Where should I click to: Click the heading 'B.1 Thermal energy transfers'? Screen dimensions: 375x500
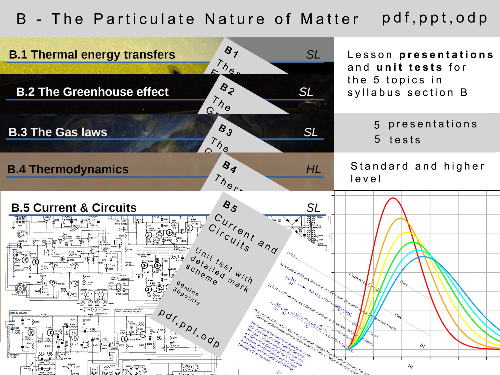[x=92, y=54]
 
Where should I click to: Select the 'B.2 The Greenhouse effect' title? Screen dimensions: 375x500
[x=92, y=92]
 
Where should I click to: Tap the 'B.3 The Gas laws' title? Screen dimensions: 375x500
[x=58, y=132]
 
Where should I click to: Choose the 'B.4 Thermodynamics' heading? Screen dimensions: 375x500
[x=68, y=169]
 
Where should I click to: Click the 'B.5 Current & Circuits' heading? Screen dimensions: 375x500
[x=74, y=208]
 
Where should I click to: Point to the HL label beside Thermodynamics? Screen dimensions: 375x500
[x=313, y=169]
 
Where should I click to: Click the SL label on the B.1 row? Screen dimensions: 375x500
[x=313, y=54]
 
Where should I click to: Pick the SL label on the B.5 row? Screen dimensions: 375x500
[x=313, y=208]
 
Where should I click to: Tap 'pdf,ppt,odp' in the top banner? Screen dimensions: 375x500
[x=435, y=18]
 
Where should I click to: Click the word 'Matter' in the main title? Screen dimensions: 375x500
[x=329, y=19]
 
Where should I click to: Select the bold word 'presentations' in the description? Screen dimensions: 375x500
[x=446, y=54]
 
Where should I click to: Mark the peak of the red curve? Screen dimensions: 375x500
[x=393, y=198]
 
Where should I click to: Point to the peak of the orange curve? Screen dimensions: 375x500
[x=400, y=218]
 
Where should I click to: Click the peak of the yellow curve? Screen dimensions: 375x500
[x=406, y=232]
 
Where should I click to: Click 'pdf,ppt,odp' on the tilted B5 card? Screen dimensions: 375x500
[x=189, y=328]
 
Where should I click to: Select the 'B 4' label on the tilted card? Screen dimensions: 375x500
[x=230, y=167]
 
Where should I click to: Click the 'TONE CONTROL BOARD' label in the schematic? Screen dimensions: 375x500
[x=128, y=311]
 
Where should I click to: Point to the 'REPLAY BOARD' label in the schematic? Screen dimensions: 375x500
[x=19, y=313]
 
